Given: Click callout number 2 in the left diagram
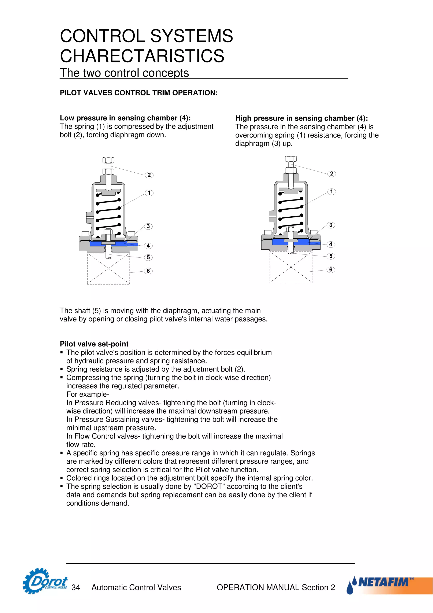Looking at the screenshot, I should (x=149, y=175).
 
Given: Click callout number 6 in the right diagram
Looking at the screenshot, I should (x=331, y=270).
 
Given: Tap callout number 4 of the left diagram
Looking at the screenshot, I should (x=148, y=246).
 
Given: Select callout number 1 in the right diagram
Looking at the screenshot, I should (x=331, y=191).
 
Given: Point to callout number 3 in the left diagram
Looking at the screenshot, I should (x=148, y=226).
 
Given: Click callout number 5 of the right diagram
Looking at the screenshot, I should (x=331, y=256).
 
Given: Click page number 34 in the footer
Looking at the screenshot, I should (x=76, y=587).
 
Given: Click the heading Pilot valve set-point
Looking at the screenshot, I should (x=94, y=344).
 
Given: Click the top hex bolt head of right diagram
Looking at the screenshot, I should (x=291, y=159).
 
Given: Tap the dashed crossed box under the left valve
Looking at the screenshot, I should (x=108, y=268).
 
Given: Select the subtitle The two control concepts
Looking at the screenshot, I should (x=124, y=73).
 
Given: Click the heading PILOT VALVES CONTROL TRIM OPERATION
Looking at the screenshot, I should (x=138, y=93).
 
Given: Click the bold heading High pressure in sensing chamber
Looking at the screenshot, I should (x=301, y=118).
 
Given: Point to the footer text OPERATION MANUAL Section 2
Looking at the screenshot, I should (x=276, y=587).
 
